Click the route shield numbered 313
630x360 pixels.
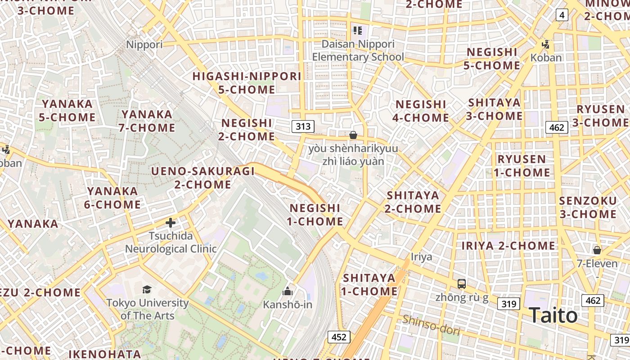(x=303, y=126)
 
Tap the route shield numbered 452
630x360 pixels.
(x=338, y=337)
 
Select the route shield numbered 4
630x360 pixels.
(x=561, y=15)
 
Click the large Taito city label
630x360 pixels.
(x=553, y=315)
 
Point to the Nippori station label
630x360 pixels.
(x=144, y=45)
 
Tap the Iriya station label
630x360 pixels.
(x=421, y=257)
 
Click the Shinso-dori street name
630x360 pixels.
(x=431, y=325)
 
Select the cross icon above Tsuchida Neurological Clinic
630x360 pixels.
(x=171, y=222)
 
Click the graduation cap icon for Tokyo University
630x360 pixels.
(x=147, y=289)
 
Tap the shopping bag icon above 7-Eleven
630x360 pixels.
(x=597, y=250)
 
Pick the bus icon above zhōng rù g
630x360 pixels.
(x=462, y=284)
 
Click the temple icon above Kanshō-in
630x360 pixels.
(x=288, y=292)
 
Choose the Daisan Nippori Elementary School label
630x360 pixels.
(x=358, y=50)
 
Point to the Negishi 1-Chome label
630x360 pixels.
(x=316, y=215)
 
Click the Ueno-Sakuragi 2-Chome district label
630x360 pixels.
(x=203, y=178)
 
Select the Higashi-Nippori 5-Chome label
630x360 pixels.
(x=247, y=83)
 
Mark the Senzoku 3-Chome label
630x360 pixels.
(x=588, y=207)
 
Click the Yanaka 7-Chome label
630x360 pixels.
(x=147, y=121)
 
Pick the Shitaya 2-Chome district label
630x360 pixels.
(x=413, y=202)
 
